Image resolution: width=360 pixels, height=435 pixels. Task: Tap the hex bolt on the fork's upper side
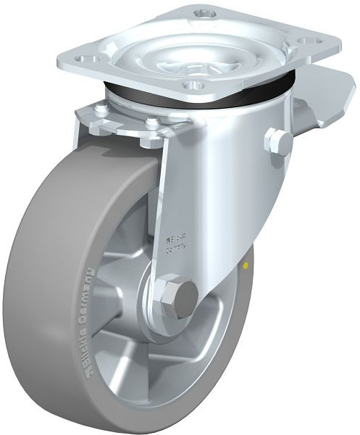(278, 141)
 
